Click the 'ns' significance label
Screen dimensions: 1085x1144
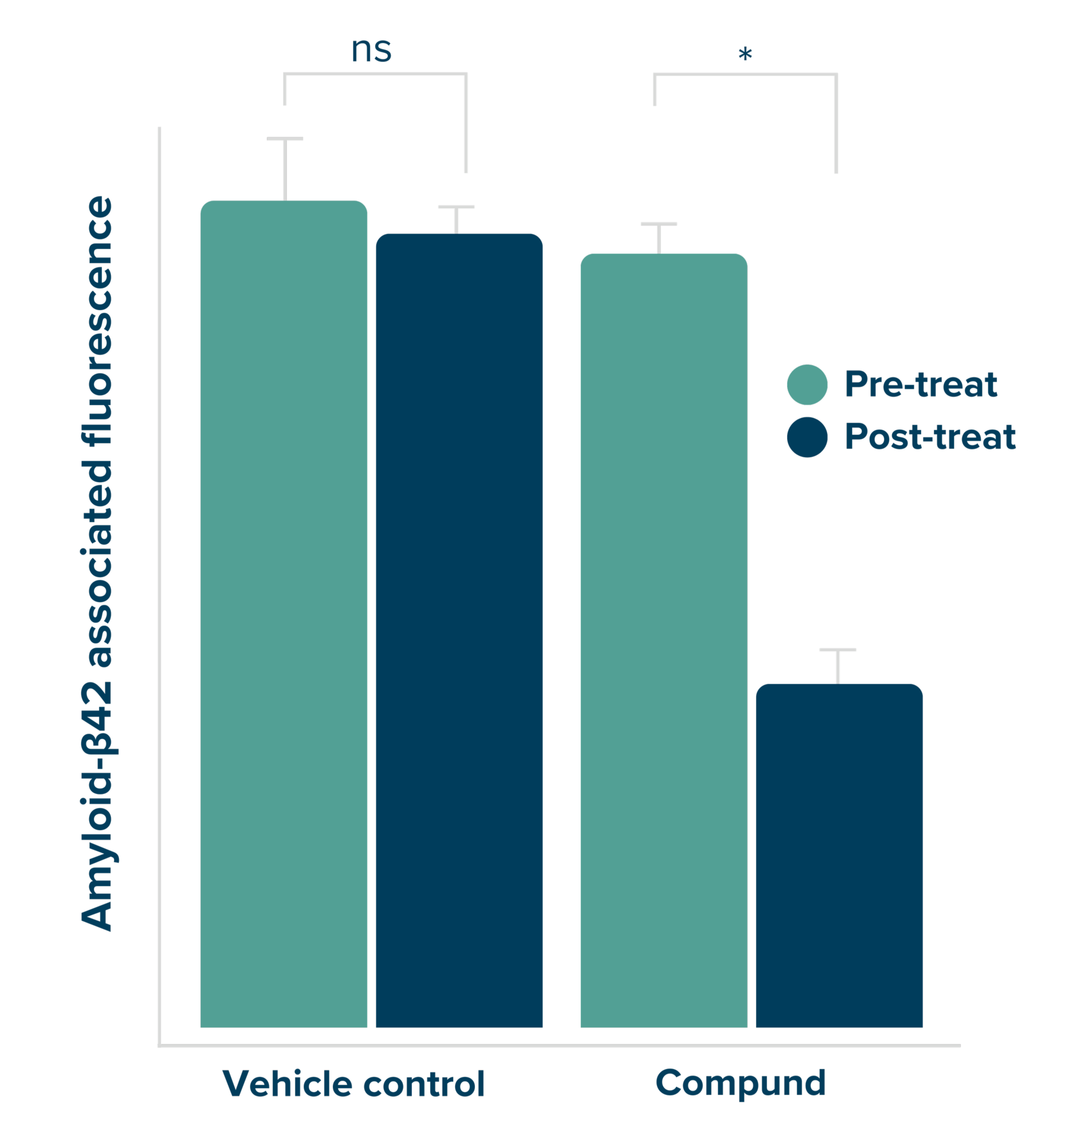[371, 50]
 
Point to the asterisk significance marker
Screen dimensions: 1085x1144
[745, 55]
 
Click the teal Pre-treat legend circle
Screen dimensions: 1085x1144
[807, 385]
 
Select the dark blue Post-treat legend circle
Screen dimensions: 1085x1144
[807, 437]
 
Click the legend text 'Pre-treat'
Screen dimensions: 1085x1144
[921, 385]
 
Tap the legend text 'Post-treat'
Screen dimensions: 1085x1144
[930, 437]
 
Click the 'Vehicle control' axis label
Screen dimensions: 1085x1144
[353, 1083]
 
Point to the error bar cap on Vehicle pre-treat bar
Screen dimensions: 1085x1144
[285, 139]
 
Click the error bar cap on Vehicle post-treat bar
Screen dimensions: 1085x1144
[456, 207]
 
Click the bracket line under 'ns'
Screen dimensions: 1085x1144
[375, 74]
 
